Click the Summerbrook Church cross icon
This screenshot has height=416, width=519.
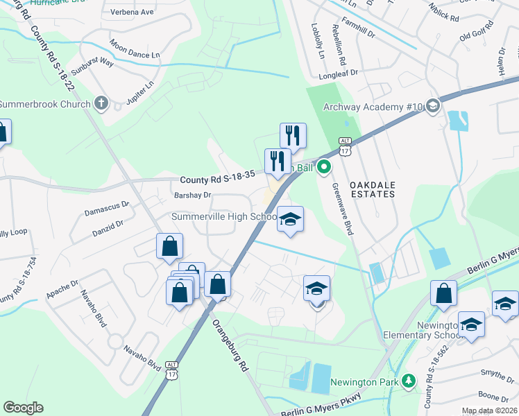point(101,105)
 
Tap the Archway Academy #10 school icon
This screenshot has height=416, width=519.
point(433,106)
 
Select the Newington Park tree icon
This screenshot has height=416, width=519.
point(409,381)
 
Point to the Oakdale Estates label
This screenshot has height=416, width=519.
point(379,185)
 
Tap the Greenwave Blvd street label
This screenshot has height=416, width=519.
point(344,209)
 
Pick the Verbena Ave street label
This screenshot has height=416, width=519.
point(132,12)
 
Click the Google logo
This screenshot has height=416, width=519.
point(23,408)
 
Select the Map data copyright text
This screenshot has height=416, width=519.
point(490,410)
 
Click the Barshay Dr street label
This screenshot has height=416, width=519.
point(192,196)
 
